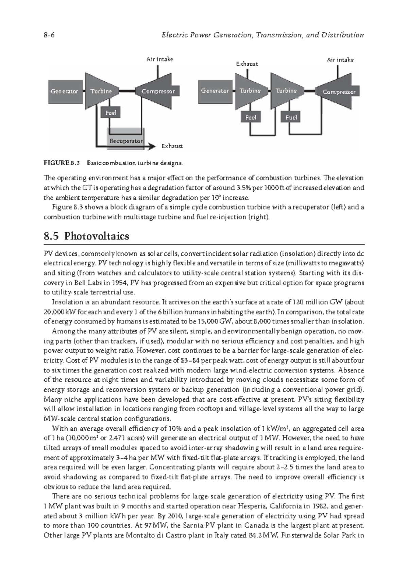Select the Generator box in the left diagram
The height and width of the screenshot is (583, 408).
pos(64,91)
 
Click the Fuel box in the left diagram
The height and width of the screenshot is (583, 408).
pos(111,112)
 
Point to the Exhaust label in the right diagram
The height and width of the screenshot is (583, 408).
pos(247,64)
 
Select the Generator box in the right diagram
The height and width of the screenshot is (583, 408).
pos(215,91)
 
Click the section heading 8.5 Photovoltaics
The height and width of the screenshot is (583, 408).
pos(86,236)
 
